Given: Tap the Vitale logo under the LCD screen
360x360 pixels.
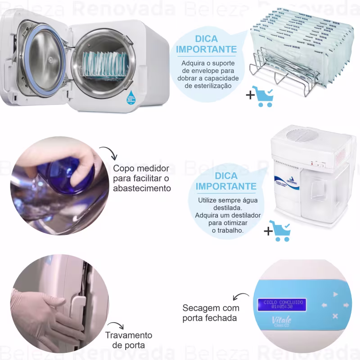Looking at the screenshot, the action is (x=282, y=321).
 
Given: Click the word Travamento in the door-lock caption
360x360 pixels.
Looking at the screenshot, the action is (x=128, y=335).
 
